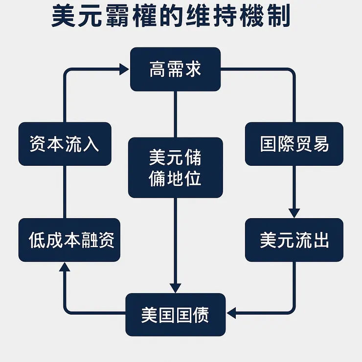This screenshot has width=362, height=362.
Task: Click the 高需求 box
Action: tap(175, 69)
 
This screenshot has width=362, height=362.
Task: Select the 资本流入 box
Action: tap(65, 144)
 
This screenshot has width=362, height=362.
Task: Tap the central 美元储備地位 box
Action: tap(175, 167)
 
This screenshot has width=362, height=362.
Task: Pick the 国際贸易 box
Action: tap(294, 144)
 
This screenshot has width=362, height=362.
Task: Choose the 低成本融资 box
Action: tap(69, 240)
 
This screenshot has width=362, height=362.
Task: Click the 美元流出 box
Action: tap(294, 240)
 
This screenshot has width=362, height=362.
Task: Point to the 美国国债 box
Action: tap(175, 315)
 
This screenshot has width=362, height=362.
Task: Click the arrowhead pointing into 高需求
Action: tap(124, 69)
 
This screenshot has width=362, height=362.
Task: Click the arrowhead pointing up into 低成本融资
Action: tap(65, 268)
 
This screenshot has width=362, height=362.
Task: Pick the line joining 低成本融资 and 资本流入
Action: tap(65, 192)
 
